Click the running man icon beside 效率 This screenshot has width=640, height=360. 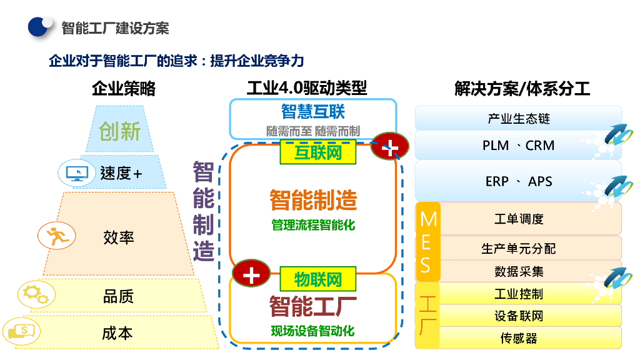pyautogui.click(x=57, y=236)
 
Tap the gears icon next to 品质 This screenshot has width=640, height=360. pyautogui.click(x=37, y=294)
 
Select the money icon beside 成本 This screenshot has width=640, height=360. pyautogui.click(x=22, y=331)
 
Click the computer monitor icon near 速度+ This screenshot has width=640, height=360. pyautogui.click(x=77, y=173)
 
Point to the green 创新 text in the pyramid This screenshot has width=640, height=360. pyautogui.click(x=119, y=131)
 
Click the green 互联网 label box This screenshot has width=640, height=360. pyautogui.click(x=318, y=152)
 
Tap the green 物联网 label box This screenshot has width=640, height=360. pyautogui.click(x=318, y=279)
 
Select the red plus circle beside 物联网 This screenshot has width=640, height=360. pyautogui.click(x=251, y=273)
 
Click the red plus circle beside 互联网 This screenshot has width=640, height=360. pyautogui.click(x=390, y=146)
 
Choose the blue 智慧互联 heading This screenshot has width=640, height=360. pyautogui.click(x=313, y=111)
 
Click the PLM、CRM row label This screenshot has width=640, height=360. pyautogui.click(x=518, y=145)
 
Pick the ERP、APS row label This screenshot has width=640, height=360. pyautogui.click(x=518, y=181)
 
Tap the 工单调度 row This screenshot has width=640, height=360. pyautogui.click(x=519, y=219)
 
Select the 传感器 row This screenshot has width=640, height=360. pyautogui.click(x=518, y=338)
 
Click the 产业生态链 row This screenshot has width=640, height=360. pyautogui.click(x=518, y=118)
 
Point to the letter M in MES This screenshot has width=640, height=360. pyautogui.click(x=429, y=219)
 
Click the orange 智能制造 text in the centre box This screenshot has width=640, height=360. pyautogui.click(x=313, y=199)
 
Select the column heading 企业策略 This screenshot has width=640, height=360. pyautogui.click(x=124, y=88)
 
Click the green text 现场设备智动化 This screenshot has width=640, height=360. pyautogui.click(x=312, y=331)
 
